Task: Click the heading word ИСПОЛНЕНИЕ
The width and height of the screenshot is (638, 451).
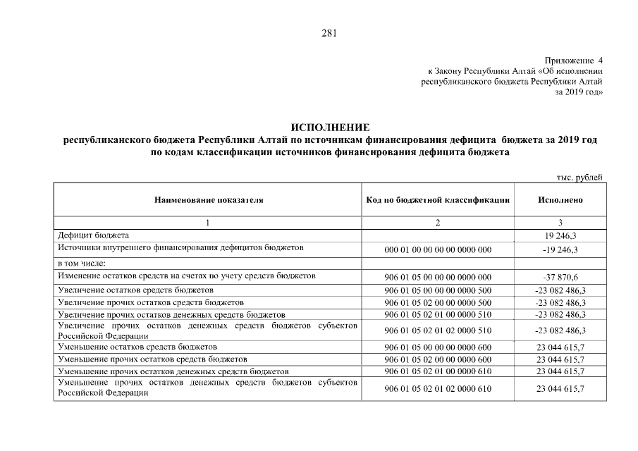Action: tap(331, 128)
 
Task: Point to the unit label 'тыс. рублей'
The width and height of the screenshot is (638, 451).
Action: tap(580, 178)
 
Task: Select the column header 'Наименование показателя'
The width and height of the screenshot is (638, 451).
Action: tap(209, 200)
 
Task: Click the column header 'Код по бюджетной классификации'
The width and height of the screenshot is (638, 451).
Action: tap(438, 200)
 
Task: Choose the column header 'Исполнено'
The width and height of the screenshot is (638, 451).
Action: tap(560, 200)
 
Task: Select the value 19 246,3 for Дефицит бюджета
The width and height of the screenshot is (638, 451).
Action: tap(560, 235)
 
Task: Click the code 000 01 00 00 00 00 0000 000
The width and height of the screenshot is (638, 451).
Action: tap(438, 250)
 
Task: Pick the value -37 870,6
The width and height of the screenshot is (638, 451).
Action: tap(560, 277)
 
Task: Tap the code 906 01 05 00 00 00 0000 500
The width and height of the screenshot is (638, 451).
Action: tap(438, 290)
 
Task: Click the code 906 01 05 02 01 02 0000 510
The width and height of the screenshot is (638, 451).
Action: tap(438, 330)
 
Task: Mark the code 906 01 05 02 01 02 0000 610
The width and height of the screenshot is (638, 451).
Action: tap(438, 389)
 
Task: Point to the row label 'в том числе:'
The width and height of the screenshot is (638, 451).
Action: tap(82, 263)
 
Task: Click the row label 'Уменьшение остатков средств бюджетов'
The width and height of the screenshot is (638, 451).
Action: tap(137, 347)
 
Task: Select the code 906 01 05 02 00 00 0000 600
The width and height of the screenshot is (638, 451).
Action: tap(438, 360)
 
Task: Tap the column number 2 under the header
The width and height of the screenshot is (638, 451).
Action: tap(438, 223)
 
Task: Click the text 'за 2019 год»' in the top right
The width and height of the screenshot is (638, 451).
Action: tap(579, 92)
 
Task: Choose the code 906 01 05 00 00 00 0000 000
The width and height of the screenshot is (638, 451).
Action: tap(438, 277)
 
